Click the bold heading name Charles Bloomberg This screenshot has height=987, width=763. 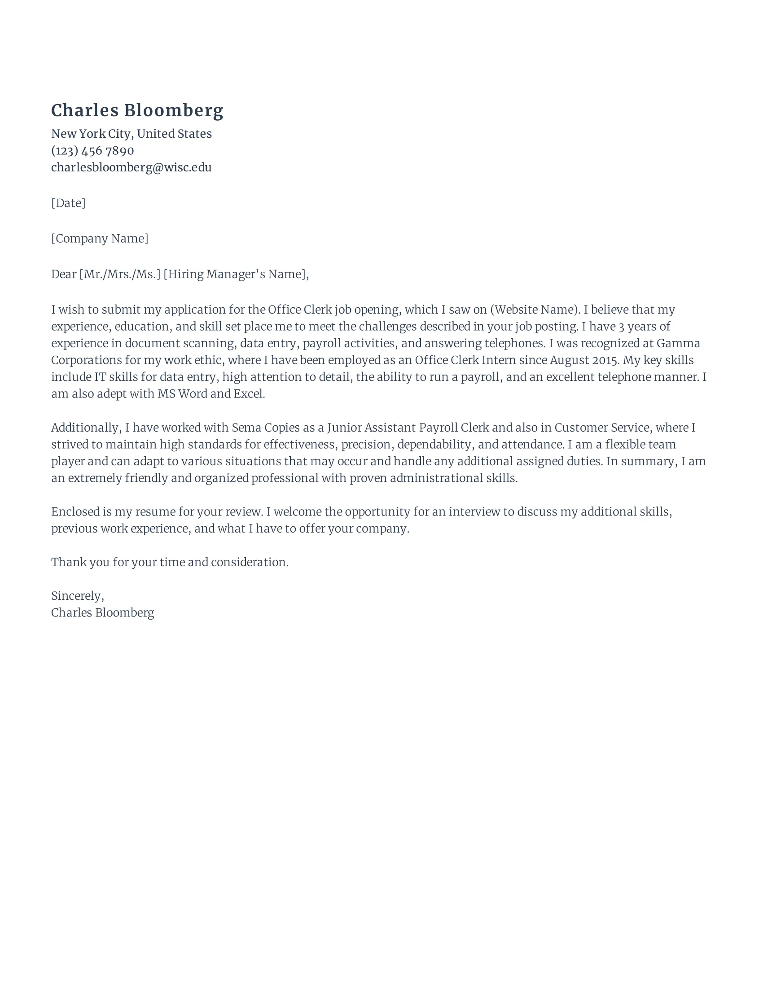pos(137,111)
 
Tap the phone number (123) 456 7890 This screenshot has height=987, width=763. pos(92,150)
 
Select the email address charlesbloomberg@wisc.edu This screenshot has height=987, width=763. pos(131,168)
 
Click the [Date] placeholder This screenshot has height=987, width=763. pos(68,203)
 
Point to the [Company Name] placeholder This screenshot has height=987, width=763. pos(100,239)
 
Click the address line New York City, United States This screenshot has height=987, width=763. pos(131,134)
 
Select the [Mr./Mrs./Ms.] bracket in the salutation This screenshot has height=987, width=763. pos(120,274)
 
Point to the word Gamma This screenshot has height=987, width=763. pos(678,344)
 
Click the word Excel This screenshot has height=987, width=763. pos(249,394)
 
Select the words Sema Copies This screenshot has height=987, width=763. pos(259,428)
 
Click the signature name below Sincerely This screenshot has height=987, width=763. pos(103,613)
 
